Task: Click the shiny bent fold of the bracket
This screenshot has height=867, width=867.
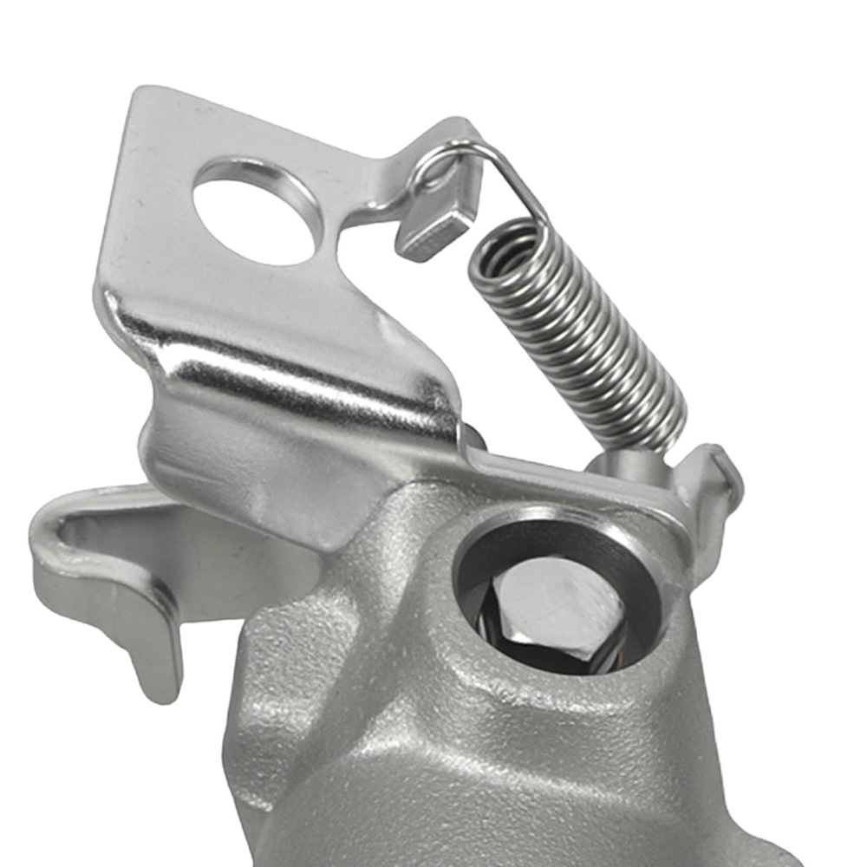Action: [x=286, y=364]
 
